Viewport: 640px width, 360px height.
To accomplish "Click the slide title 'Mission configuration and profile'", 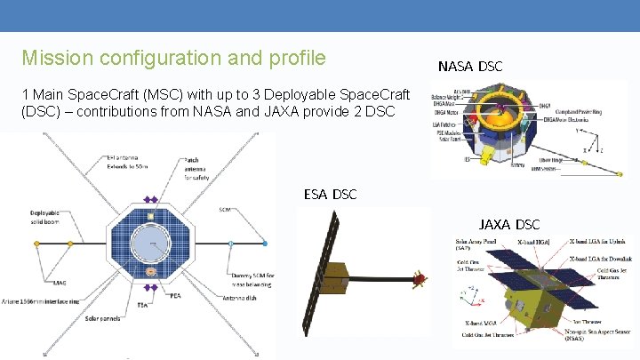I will [173, 59].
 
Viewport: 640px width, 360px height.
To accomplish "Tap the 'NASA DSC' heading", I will [470, 67].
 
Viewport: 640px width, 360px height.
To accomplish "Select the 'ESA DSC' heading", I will [330, 194].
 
